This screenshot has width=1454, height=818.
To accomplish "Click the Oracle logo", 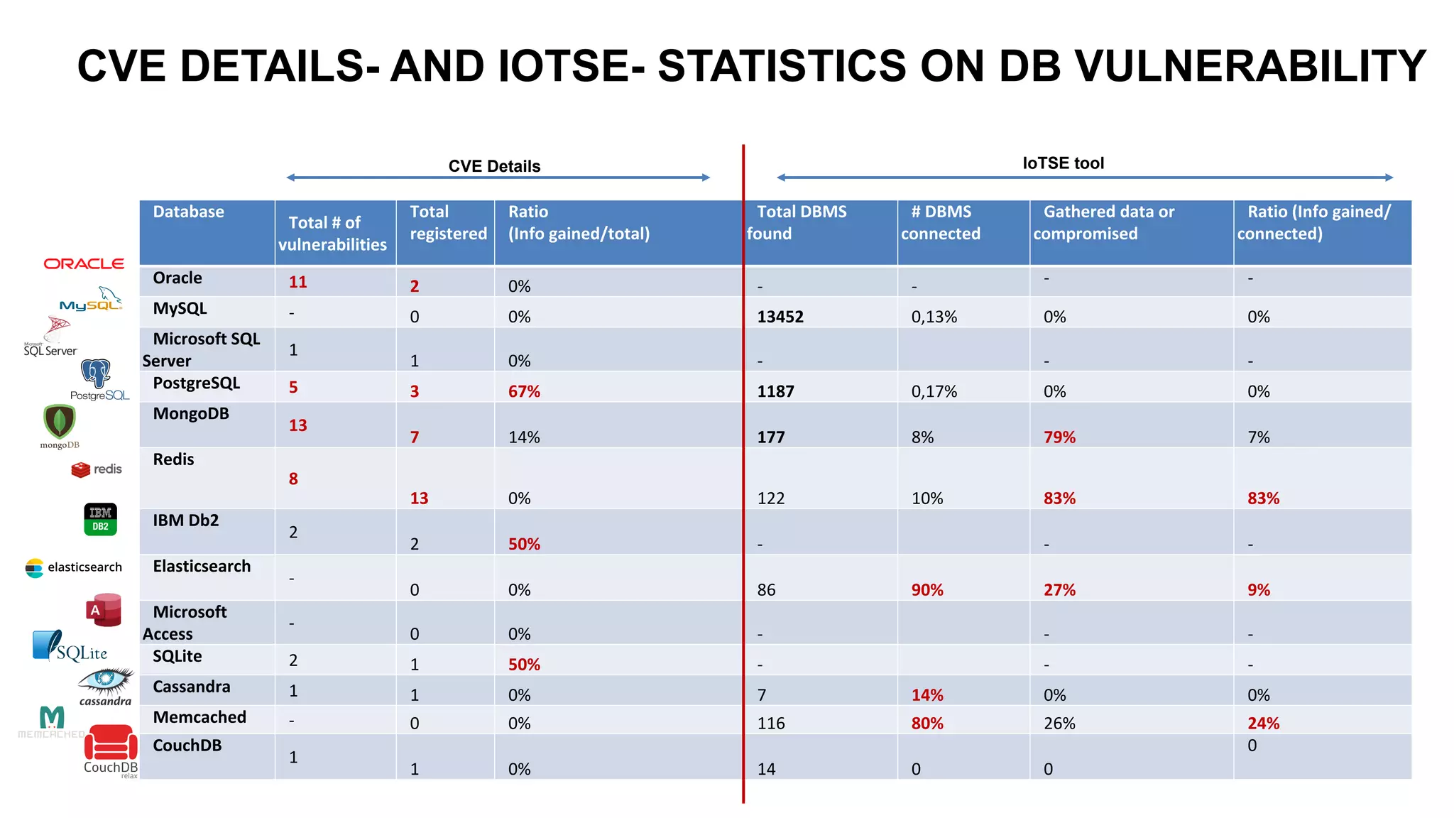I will [84, 263].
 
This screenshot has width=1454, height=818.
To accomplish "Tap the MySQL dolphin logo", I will [92, 300].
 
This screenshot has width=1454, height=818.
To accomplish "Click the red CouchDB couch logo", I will [111, 743].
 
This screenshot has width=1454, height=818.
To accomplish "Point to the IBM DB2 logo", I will [100, 519].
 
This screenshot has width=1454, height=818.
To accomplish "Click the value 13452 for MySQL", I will [780, 317].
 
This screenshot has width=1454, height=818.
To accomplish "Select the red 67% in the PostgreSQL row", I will [524, 391].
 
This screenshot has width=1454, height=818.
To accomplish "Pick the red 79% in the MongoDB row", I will [1059, 437].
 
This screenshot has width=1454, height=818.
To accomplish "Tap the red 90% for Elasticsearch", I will [927, 590].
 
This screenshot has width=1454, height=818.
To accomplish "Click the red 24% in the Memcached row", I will [1263, 724].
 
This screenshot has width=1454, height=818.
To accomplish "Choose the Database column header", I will [188, 212].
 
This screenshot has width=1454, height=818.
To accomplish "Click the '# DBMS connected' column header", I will [941, 222].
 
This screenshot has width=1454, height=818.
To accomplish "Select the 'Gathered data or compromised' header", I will [1103, 222].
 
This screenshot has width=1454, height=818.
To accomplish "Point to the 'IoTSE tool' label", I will [1063, 163].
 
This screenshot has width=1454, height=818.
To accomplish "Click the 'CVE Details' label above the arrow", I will [494, 166].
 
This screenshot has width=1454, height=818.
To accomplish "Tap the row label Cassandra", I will [192, 687].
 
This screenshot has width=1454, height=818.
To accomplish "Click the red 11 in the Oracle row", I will [297, 282].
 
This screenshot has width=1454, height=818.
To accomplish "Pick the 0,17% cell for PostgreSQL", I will [934, 391].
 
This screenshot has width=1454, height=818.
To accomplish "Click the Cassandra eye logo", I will [106, 681].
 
